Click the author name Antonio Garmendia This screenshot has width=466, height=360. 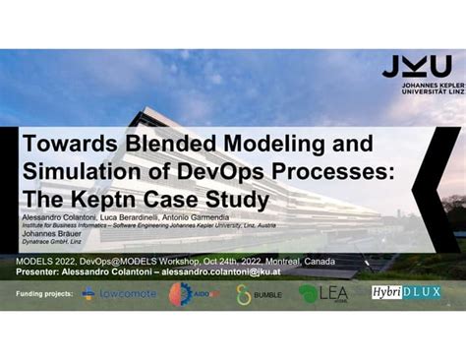[197, 218]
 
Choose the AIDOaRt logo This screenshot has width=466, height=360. [191, 293]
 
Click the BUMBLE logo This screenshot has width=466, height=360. [259, 293]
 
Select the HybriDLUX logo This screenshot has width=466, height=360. [405, 292]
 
